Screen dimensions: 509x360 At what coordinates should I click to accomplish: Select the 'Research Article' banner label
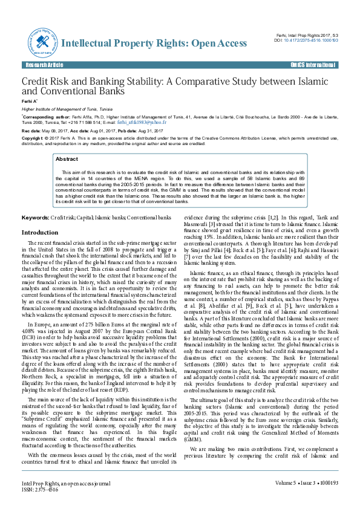(x=42, y=64)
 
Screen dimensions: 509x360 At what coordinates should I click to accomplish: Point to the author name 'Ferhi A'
(x=30, y=101)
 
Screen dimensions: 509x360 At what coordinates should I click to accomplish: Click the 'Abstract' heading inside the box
(x=67, y=159)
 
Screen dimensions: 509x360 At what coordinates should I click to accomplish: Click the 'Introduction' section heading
(x=40, y=232)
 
